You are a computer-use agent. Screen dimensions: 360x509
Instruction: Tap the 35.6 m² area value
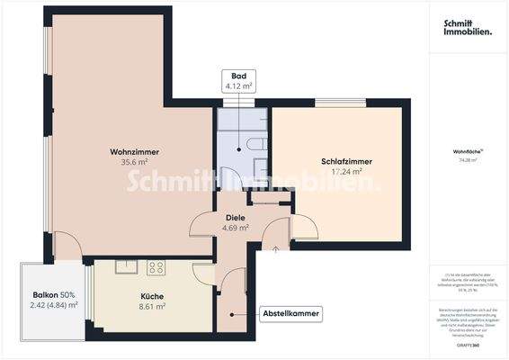(133, 163)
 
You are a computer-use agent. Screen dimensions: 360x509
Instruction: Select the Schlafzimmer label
(346, 162)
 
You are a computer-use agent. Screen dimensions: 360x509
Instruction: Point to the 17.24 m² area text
(346, 172)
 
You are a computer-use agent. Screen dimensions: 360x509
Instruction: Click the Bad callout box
(238, 80)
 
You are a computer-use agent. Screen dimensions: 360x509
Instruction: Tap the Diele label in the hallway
(236, 217)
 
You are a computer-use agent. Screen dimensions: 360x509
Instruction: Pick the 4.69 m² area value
(236, 228)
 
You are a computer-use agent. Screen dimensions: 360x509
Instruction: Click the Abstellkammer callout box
(290, 314)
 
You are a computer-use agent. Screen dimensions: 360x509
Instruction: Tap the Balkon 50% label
(53, 295)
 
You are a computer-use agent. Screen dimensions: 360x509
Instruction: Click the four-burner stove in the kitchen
(156, 267)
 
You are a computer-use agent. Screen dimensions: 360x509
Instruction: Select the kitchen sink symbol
(126, 266)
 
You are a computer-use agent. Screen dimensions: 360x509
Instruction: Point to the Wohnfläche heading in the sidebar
(466, 150)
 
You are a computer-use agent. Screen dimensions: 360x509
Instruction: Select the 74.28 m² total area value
(466, 159)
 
